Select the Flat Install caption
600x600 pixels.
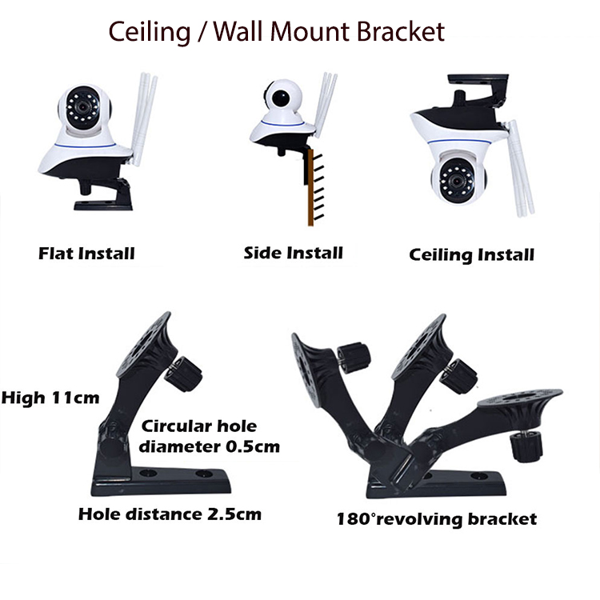coord(86,254)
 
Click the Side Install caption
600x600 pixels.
coord(293,254)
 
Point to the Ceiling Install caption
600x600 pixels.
coord(471,255)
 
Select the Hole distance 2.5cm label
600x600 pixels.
coord(170,514)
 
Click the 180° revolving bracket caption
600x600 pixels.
coord(436,518)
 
